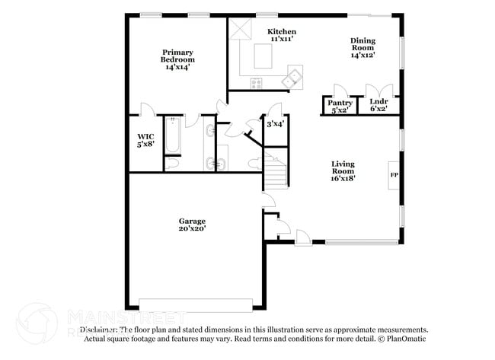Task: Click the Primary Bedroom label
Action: (177, 59)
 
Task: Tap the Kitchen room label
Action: (281, 36)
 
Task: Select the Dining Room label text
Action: (362, 47)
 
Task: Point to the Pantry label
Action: (340, 105)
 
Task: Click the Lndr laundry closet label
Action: (378, 105)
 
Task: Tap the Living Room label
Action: (343, 171)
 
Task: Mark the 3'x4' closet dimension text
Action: (275, 123)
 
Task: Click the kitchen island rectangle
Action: (263, 56)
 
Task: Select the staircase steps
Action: (276, 172)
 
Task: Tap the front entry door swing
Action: (303, 237)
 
